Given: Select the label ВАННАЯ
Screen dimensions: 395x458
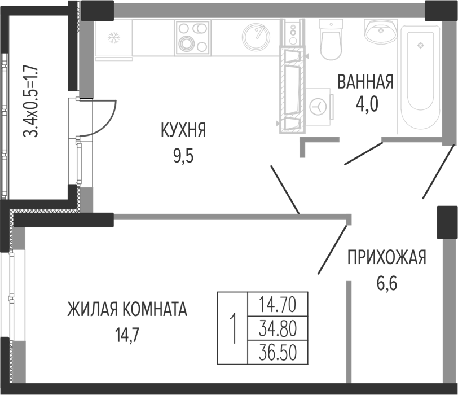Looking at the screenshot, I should [365, 82].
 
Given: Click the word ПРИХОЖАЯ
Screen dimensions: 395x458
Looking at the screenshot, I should [386, 258].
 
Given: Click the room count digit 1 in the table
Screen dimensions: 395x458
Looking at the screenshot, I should [232, 327].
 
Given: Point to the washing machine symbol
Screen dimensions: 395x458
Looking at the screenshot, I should [319, 106].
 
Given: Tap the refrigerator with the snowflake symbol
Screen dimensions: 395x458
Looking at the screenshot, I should [114, 38].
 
